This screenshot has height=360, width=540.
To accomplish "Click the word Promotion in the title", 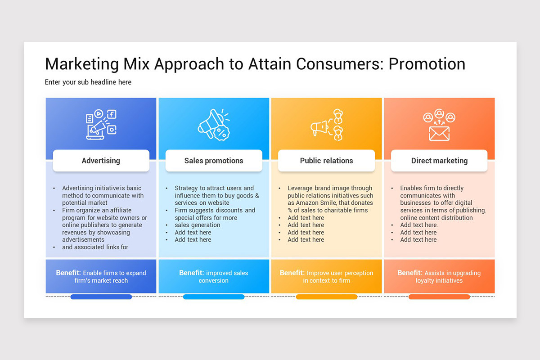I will click(x=427, y=64).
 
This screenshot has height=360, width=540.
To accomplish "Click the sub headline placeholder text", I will click(x=88, y=82).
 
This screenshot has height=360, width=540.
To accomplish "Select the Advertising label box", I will click(x=101, y=161).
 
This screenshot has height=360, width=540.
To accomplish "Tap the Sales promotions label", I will click(x=214, y=161).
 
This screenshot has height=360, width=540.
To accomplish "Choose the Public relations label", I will click(x=326, y=161).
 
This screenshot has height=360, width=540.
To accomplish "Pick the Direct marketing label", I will click(x=439, y=161).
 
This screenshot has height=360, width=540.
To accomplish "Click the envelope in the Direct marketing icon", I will click(x=439, y=133).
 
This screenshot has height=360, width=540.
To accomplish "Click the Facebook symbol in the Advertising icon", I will click(x=112, y=114).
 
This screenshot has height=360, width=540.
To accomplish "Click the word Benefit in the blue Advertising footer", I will click(x=68, y=273).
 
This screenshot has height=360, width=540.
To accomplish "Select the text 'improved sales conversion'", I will click(x=214, y=277).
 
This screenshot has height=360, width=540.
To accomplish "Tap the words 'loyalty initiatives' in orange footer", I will click(x=439, y=281).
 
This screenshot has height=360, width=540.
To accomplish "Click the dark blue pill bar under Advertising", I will click(x=101, y=297).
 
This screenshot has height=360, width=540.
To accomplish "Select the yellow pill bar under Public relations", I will click(x=326, y=297).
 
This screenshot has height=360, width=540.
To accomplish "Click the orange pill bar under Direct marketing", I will click(x=439, y=297).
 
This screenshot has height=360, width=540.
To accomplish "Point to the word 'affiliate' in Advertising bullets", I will click(x=117, y=210).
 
